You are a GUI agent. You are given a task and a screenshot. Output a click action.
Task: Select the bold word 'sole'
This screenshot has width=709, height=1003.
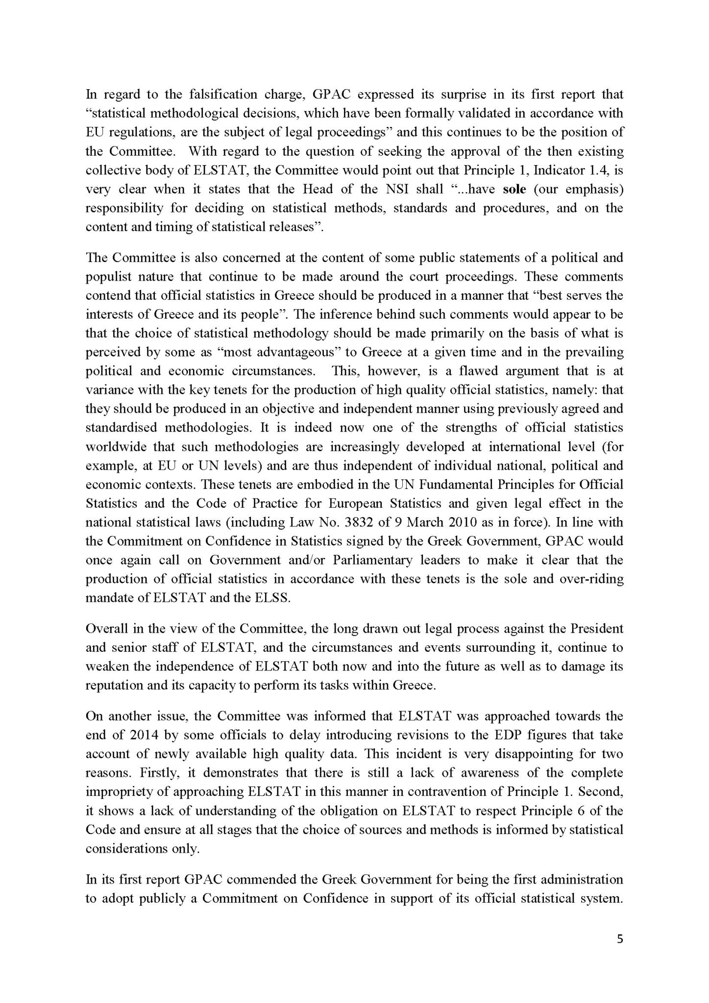tap(514, 189)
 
